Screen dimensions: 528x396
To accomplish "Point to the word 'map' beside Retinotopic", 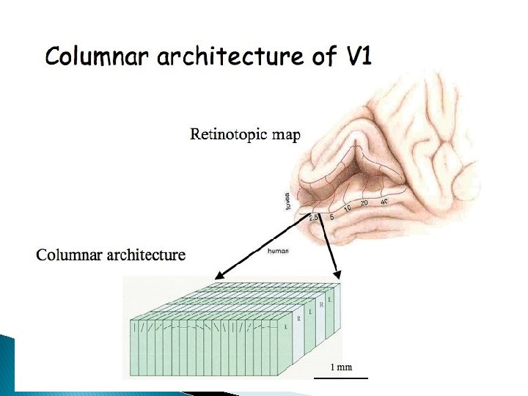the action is point(288,136).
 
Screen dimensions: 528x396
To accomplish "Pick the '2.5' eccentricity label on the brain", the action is point(314,218).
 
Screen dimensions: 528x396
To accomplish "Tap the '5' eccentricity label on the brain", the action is point(331,217).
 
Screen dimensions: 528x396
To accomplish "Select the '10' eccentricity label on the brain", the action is point(348,209).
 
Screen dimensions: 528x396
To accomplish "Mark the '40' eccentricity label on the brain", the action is point(384,201).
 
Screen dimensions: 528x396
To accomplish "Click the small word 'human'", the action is point(279,251).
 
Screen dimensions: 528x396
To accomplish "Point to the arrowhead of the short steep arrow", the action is point(339,276).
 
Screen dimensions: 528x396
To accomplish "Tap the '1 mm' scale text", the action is point(340,367).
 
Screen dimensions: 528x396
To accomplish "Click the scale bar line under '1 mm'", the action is point(340,378).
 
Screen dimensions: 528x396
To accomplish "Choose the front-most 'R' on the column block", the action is point(298,318).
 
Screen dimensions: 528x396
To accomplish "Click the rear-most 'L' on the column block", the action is point(331,300).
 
